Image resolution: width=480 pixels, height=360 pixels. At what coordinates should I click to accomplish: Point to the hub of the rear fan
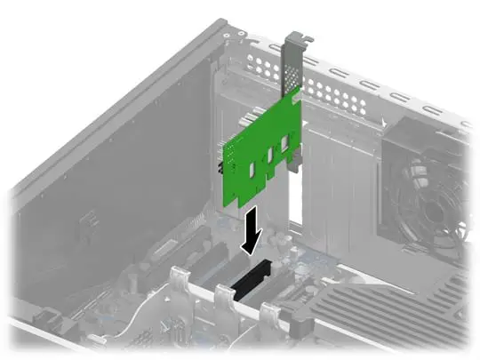pyautogui.click(x=436, y=210)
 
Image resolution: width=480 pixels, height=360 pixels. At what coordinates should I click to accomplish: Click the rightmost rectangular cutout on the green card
pyautogui.click(x=284, y=141)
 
